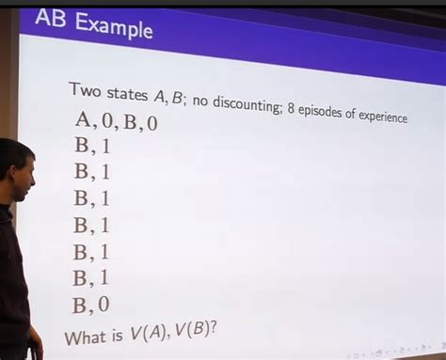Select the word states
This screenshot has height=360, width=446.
[127, 93]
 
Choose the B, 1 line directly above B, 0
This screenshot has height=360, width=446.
[92, 277]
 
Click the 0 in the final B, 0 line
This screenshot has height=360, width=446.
[104, 305]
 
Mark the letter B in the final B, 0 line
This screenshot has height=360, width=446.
[81, 305]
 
